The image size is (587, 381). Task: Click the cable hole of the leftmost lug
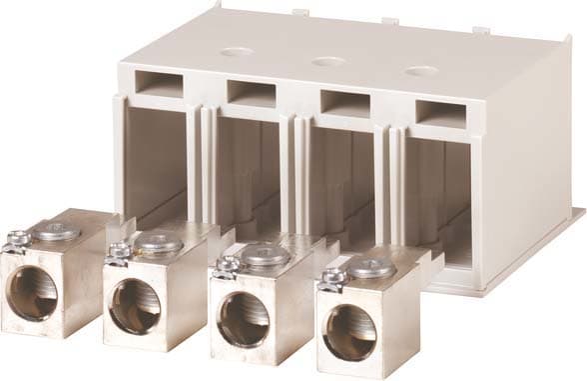[x=33, y=293]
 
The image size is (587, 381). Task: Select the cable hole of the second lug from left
[x=135, y=305]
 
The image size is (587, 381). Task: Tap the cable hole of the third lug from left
[x=243, y=319]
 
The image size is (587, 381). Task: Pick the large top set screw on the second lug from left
[x=159, y=243]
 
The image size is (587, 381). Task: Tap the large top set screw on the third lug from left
[x=266, y=256]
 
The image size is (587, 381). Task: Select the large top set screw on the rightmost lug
[x=373, y=267]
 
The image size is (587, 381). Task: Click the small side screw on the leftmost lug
[x=15, y=240]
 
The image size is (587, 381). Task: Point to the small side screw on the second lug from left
[x=117, y=251]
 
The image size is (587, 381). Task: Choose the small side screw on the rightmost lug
[x=330, y=278]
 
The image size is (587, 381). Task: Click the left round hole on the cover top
[x=237, y=51]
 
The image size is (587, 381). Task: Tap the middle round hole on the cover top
[x=328, y=61]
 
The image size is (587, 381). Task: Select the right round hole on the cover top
[x=421, y=71]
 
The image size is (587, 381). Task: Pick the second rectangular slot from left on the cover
[x=251, y=93]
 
